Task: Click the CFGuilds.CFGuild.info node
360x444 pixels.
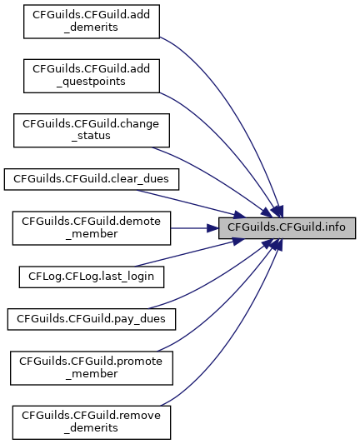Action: tap(287, 228)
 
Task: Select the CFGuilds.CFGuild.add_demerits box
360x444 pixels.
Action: tap(92, 22)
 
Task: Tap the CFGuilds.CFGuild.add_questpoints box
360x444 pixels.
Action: tap(92, 76)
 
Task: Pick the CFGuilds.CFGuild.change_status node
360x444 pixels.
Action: tap(92, 131)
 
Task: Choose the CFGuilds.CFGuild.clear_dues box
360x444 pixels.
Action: tap(92, 179)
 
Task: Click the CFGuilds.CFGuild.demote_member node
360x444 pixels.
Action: tap(92, 228)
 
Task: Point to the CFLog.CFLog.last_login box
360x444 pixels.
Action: tap(92, 277)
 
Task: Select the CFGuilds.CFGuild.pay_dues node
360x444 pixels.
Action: tap(92, 319)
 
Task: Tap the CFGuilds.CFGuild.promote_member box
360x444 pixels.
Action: tap(92, 368)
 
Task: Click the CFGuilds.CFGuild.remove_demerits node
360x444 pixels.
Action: tap(92, 422)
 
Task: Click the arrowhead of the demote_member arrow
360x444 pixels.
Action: tap(212, 228)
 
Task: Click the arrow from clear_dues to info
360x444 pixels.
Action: tap(190, 203)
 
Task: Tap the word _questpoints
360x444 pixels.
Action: tap(91, 82)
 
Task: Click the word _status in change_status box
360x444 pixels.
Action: tap(91, 136)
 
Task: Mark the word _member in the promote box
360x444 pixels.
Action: tap(92, 374)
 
